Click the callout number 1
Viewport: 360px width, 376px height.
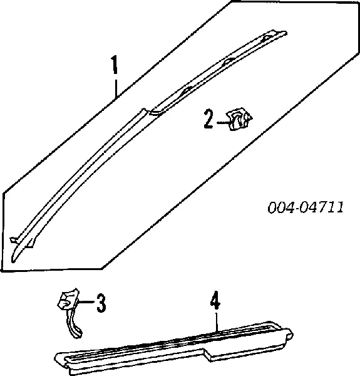point(115,65)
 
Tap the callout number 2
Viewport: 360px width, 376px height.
point(208,119)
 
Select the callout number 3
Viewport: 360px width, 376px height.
point(101,303)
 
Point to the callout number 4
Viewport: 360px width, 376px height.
point(215,300)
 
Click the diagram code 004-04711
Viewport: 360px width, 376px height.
point(306,207)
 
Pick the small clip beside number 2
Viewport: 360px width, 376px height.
point(240,119)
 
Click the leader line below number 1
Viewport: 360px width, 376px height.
point(116,86)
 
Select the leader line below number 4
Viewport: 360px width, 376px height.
point(217,321)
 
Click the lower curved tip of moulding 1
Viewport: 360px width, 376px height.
point(14,258)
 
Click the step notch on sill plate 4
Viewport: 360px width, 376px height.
point(207,353)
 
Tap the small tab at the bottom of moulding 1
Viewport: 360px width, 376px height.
point(29,244)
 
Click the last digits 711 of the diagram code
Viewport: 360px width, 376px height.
point(331,207)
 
